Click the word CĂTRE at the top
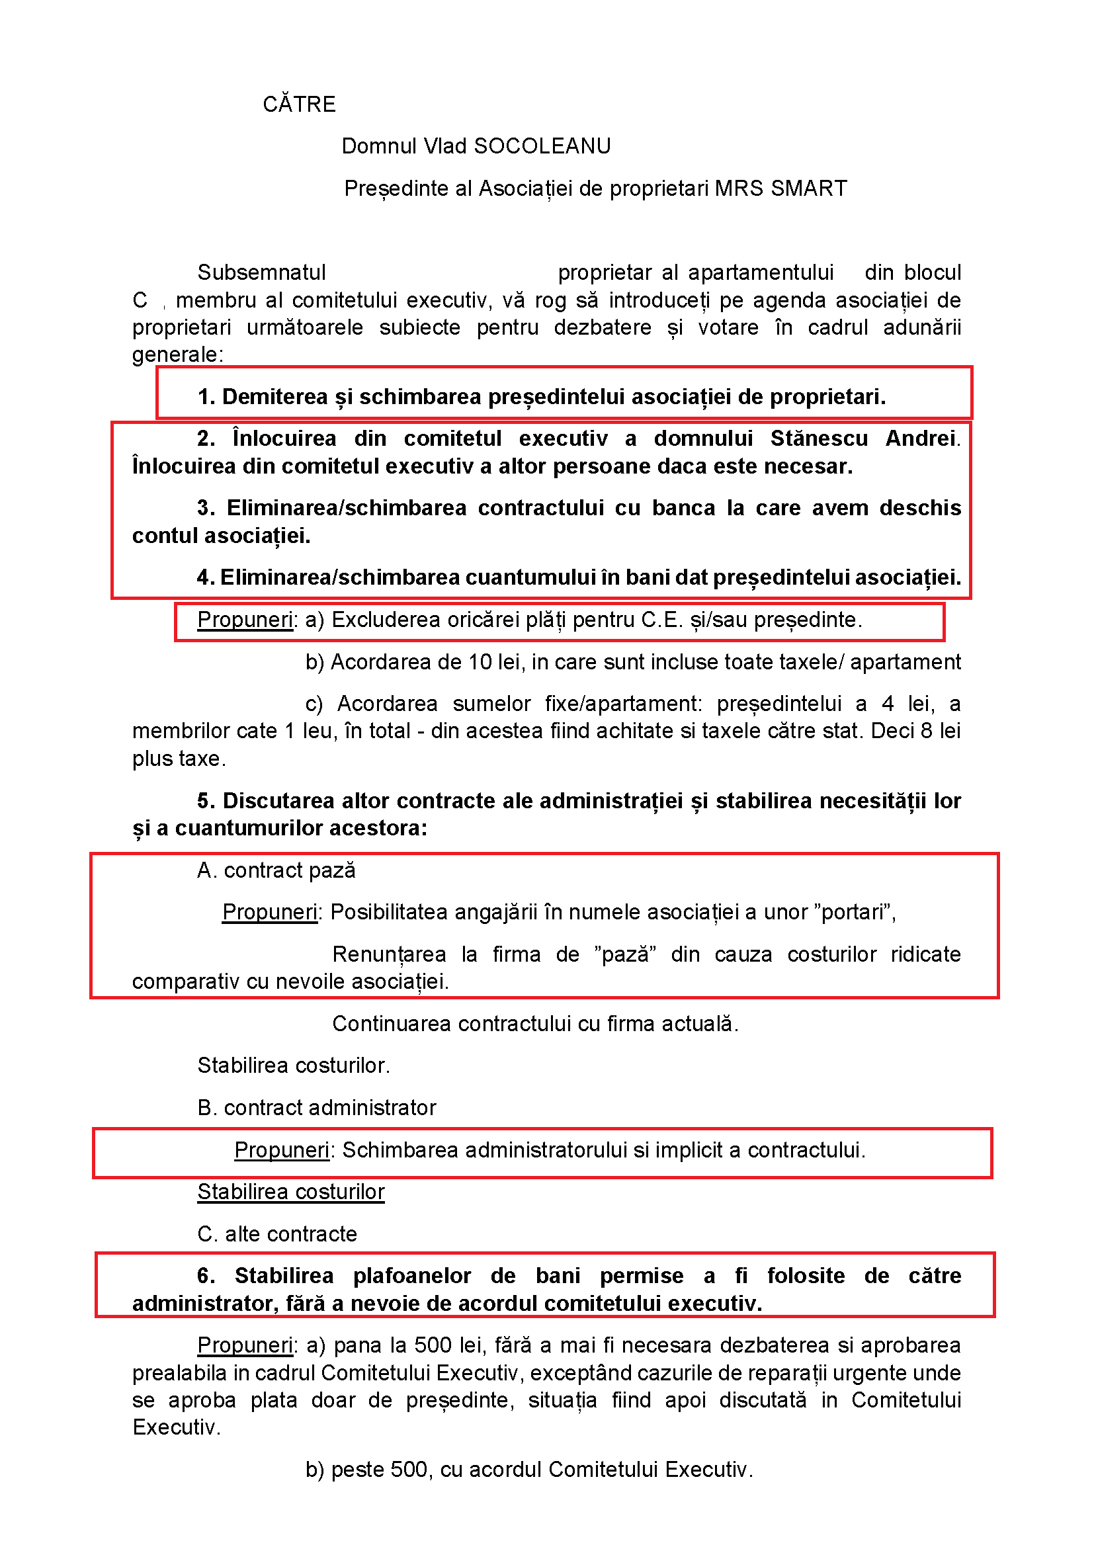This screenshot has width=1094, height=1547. pyautogui.click(x=299, y=105)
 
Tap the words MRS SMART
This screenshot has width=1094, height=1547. pyautogui.click(x=780, y=188)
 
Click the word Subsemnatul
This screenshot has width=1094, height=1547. pyautogui.click(x=261, y=272)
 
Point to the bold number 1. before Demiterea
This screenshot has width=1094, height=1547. pyautogui.click(x=206, y=397)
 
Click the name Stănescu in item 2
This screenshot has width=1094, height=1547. pyautogui.click(x=818, y=439)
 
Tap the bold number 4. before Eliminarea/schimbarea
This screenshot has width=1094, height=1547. pyautogui.click(x=206, y=577)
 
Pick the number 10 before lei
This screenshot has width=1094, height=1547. pyautogui.click(x=480, y=662)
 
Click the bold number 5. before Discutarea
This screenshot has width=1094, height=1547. pyautogui.click(x=206, y=801)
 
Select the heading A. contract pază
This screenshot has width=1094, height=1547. pyautogui.click(x=276, y=870)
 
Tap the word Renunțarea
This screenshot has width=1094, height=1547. pyautogui.click(x=389, y=954)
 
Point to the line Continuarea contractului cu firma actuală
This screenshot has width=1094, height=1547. pyautogui.click(x=535, y=1023)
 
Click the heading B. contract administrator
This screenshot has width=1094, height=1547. pyautogui.click(x=317, y=1108)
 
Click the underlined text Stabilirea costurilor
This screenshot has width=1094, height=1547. pyautogui.click(x=290, y=1192)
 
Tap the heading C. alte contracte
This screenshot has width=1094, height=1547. pyautogui.click(x=277, y=1233)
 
